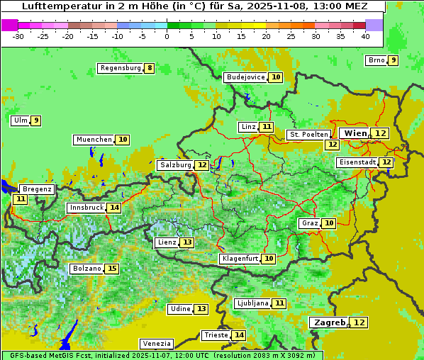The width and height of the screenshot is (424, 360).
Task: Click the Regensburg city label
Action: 120,68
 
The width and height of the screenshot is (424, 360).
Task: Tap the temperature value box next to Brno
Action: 393,60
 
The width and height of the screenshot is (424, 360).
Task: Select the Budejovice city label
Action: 245,77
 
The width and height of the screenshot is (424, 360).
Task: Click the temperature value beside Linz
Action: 266,127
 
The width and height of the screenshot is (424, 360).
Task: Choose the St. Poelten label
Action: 308,134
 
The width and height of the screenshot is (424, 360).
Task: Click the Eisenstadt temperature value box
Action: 386,162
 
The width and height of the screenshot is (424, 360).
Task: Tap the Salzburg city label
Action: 175,165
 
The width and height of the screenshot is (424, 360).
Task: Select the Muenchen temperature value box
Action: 123,140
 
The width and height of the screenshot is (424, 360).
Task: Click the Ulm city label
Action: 20,120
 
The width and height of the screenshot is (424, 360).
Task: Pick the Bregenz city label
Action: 36,189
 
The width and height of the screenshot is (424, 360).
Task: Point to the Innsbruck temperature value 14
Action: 114,208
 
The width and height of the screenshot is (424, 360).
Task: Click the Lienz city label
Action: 167,242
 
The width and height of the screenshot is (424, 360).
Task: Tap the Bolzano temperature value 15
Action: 112,269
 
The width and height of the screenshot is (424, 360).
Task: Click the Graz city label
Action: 309,223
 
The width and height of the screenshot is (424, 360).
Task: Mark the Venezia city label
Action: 156,343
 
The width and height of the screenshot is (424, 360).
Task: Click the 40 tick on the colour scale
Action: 365,36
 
